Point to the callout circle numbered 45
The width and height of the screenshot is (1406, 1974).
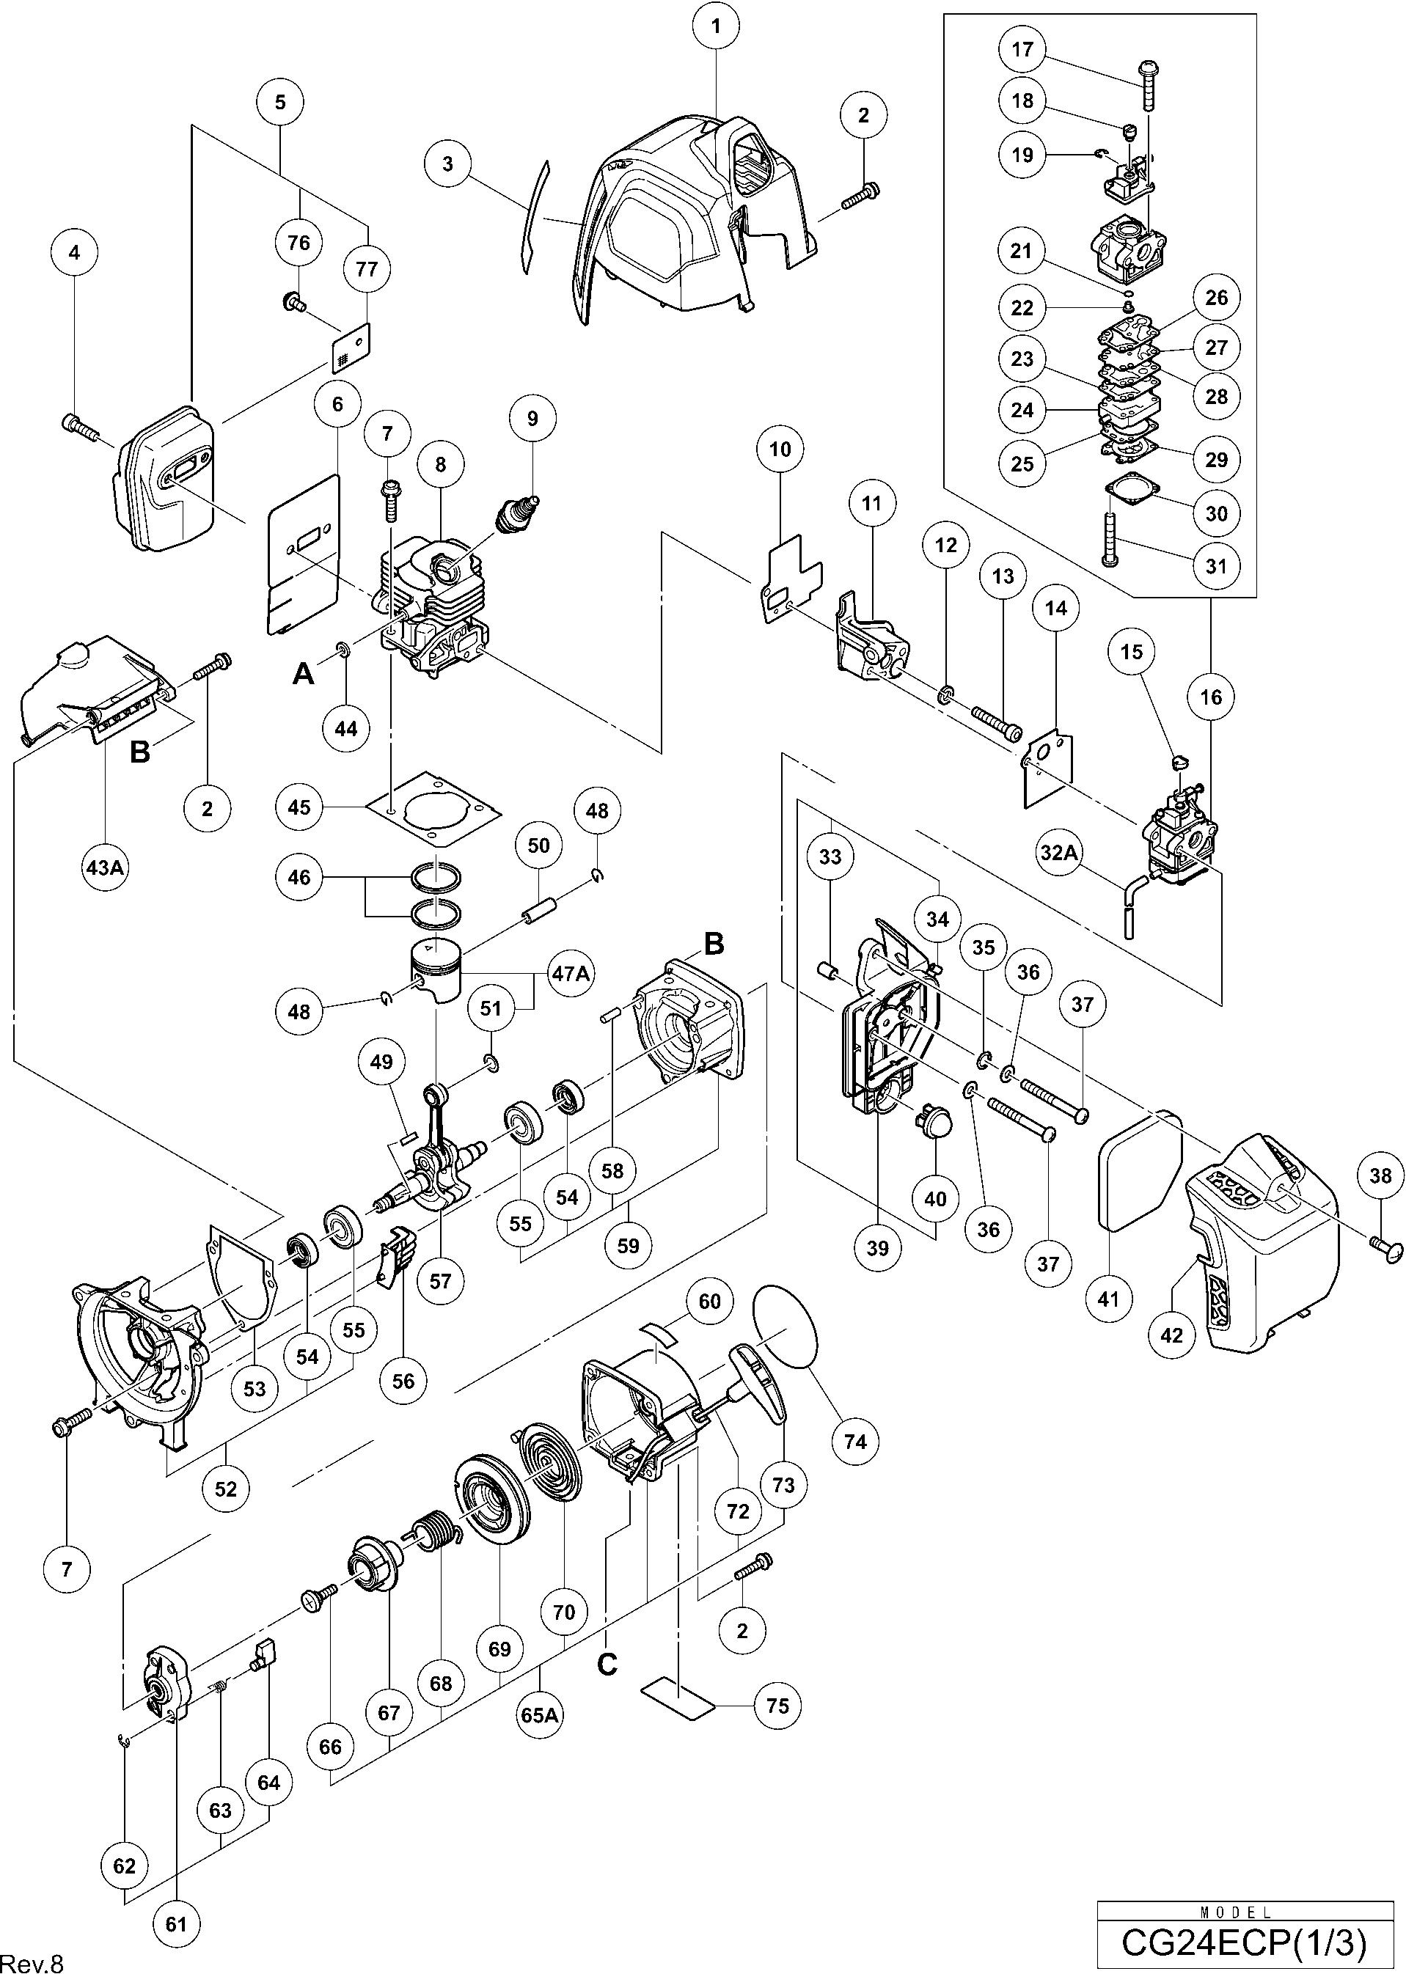[x=299, y=807]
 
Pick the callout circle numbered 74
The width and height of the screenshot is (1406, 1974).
[x=854, y=1441]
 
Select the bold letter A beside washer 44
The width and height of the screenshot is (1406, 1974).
[x=303, y=672]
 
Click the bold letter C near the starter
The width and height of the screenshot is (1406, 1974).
[x=608, y=1663]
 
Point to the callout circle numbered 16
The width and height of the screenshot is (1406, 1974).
[x=1211, y=697]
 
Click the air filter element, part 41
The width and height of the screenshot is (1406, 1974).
[x=1140, y=1181]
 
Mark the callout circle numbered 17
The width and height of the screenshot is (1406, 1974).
[x=1022, y=49]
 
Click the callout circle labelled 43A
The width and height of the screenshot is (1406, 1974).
[x=105, y=865]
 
